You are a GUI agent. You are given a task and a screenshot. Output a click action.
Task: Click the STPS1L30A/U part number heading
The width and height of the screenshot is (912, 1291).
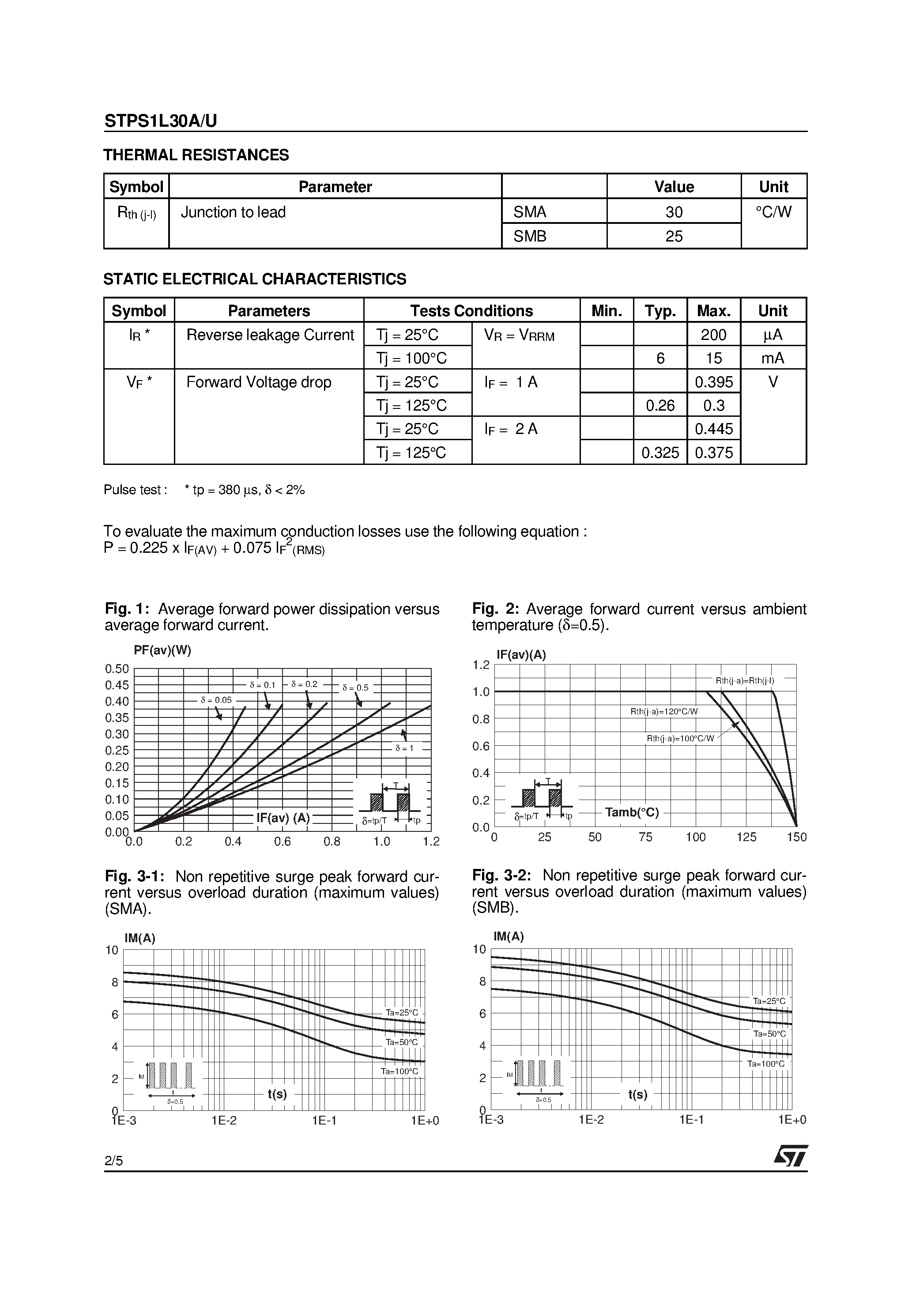160,121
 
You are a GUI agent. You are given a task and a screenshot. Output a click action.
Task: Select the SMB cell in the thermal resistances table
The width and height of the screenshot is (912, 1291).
530,236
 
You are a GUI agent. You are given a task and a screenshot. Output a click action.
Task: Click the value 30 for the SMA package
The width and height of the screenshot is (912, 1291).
674,212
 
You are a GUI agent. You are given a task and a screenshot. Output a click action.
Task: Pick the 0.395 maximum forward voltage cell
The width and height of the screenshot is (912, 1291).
713,382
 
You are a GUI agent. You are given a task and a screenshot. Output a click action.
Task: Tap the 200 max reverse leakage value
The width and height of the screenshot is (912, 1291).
713,335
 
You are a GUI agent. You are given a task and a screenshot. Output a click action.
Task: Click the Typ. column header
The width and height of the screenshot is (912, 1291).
660,311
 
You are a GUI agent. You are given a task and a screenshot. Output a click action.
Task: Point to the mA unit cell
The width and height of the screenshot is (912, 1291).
773,358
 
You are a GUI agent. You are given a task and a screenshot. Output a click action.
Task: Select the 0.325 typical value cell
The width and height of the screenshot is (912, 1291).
660,453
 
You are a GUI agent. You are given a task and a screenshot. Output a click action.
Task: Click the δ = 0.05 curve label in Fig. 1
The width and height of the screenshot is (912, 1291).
216,700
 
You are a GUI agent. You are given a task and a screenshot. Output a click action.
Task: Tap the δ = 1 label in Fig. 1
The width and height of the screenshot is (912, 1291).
404,748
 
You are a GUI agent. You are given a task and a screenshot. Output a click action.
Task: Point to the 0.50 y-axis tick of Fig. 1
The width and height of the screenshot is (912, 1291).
117,668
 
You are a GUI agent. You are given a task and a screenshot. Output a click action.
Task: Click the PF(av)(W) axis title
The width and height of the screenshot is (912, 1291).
162,650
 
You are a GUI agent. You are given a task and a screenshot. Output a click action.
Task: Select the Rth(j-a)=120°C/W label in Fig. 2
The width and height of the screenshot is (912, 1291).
664,711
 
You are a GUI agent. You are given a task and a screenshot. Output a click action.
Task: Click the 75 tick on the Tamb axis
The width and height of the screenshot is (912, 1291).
645,837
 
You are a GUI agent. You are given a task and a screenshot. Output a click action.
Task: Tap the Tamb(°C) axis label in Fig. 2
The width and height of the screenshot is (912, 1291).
632,812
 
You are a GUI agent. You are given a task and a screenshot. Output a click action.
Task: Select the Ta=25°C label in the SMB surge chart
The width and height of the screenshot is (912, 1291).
769,1001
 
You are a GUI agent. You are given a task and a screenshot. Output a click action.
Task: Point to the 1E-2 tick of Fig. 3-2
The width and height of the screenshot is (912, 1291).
591,1120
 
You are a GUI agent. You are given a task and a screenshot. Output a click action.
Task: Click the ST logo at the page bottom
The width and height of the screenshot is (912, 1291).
791,1156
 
